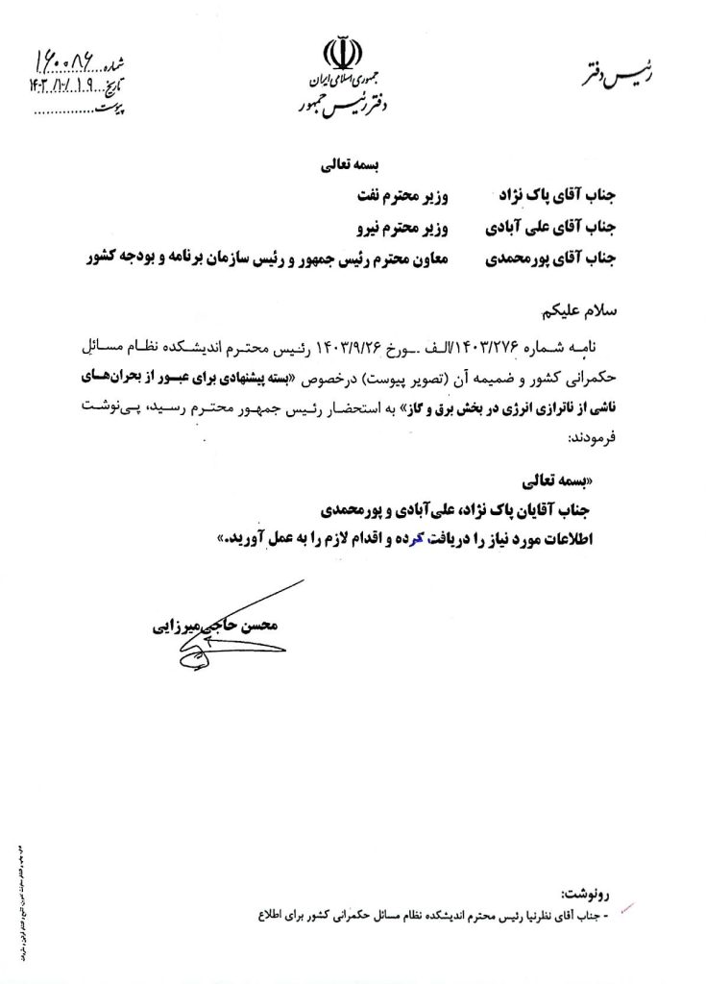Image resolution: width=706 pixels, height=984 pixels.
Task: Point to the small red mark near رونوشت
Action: [631, 904]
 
